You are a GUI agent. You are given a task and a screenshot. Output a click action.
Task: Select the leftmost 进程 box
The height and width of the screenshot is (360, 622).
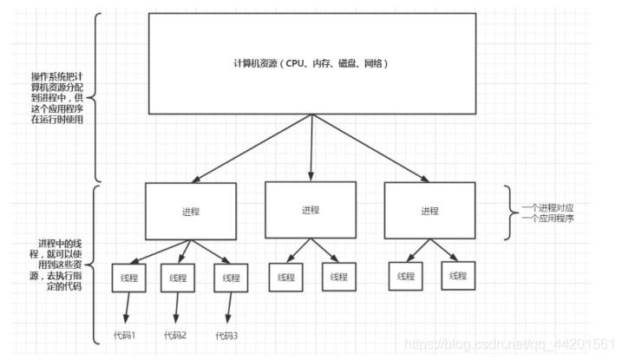(x=191, y=212)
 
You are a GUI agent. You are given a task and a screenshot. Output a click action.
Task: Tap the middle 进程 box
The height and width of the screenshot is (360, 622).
(x=310, y=210)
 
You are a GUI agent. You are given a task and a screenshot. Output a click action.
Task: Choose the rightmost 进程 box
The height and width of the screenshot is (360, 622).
(x=429, y=211)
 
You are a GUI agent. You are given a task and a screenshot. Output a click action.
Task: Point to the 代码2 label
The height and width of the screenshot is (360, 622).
(x=175, y=334)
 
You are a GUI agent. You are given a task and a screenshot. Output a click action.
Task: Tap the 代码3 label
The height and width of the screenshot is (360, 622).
(x=226, y=335)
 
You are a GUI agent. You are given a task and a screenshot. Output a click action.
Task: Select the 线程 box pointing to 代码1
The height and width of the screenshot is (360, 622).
(x=128, y=278)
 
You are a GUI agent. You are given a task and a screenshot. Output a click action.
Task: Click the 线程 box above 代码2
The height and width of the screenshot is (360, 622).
(x=178, y=278)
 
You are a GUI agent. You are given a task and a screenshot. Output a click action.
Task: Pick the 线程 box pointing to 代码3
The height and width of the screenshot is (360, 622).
(x=231, y=278)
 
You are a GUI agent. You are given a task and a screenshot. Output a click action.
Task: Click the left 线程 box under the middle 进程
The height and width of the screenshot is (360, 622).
(x=287, y=278)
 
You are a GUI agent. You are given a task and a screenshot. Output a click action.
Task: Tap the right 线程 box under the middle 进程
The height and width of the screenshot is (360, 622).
(x=337, y=278)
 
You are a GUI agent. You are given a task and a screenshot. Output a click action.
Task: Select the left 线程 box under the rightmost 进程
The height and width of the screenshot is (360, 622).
(x=406, y=277)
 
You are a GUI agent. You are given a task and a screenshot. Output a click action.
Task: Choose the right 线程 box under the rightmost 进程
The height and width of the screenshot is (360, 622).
(x=457, y=277)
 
